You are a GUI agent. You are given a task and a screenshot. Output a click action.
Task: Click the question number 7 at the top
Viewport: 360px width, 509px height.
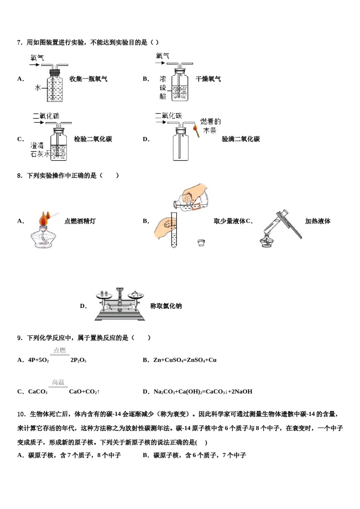click(x=20, y=42)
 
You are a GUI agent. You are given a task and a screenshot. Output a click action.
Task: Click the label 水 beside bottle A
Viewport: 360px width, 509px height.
click(x=38, y=87)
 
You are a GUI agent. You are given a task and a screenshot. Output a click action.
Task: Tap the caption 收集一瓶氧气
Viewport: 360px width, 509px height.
click(x=88, y=79)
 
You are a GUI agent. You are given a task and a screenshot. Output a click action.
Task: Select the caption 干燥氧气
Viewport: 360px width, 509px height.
click(x=208, y=79)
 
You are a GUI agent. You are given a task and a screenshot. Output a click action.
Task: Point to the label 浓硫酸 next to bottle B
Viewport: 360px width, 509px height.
click(x=163, y=87)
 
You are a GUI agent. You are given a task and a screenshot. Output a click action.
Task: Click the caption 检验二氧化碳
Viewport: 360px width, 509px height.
click(x=93, y=139)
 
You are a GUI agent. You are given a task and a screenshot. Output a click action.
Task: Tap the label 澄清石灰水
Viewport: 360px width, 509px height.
click(x=40, y=150)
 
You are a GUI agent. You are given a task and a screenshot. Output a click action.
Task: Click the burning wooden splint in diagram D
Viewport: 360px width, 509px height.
click(x=196, y=131)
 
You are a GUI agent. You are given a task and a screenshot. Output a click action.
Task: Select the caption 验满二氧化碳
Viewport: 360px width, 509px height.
click(x=241, y=139)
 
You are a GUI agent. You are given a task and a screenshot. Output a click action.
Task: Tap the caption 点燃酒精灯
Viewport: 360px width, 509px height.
click(x=80, y=221)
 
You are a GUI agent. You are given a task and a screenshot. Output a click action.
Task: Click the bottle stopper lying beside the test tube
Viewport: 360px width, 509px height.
click(x=201, y=243)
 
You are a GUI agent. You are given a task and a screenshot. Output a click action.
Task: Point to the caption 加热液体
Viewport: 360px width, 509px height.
click(x=318, y=221)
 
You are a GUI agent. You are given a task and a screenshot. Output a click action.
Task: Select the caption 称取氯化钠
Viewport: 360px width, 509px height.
click(x=166, y=306)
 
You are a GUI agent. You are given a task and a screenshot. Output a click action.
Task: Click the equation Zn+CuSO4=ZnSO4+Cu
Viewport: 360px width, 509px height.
click(x=185, y=360)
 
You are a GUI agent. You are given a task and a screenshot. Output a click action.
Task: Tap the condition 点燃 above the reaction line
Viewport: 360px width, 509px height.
click(x=60, y=350)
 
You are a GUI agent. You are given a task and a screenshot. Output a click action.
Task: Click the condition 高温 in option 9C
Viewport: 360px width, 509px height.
click(x=58, y=382)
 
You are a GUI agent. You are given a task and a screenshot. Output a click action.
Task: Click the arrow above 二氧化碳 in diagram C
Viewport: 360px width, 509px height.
click(x=39, y=122)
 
